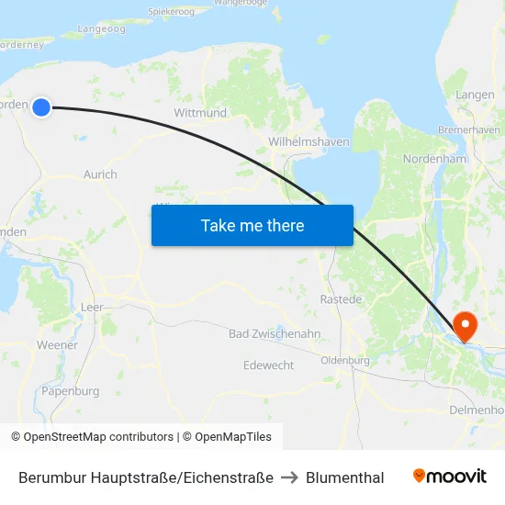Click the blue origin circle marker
40,107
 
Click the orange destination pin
465,325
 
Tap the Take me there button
252,225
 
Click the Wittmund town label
200,113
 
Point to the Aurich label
100,174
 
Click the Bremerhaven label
469,130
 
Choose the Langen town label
475,95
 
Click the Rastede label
341,299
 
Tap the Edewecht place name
269,365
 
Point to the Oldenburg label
345,361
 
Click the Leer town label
92,308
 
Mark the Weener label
57,344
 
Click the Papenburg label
70,391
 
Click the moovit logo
450,477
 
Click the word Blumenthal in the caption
345,477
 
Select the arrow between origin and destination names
290,477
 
